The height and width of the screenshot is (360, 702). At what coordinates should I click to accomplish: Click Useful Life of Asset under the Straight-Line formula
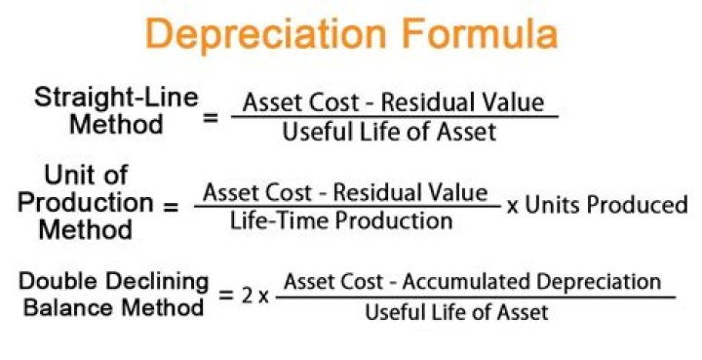(x=389, y=133)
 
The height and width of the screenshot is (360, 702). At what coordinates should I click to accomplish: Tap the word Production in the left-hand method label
(x=86, y=203)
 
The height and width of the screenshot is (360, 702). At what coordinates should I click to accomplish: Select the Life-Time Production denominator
(x=341, y=220)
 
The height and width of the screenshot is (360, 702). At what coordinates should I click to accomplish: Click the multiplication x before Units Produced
(x=514, y=207)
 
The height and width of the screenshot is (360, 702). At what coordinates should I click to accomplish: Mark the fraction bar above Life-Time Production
(x=347, y=206)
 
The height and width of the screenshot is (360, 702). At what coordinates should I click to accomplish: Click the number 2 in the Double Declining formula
(x=250, y=295)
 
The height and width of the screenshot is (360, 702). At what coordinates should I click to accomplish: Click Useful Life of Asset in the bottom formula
(x=457, y=312)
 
